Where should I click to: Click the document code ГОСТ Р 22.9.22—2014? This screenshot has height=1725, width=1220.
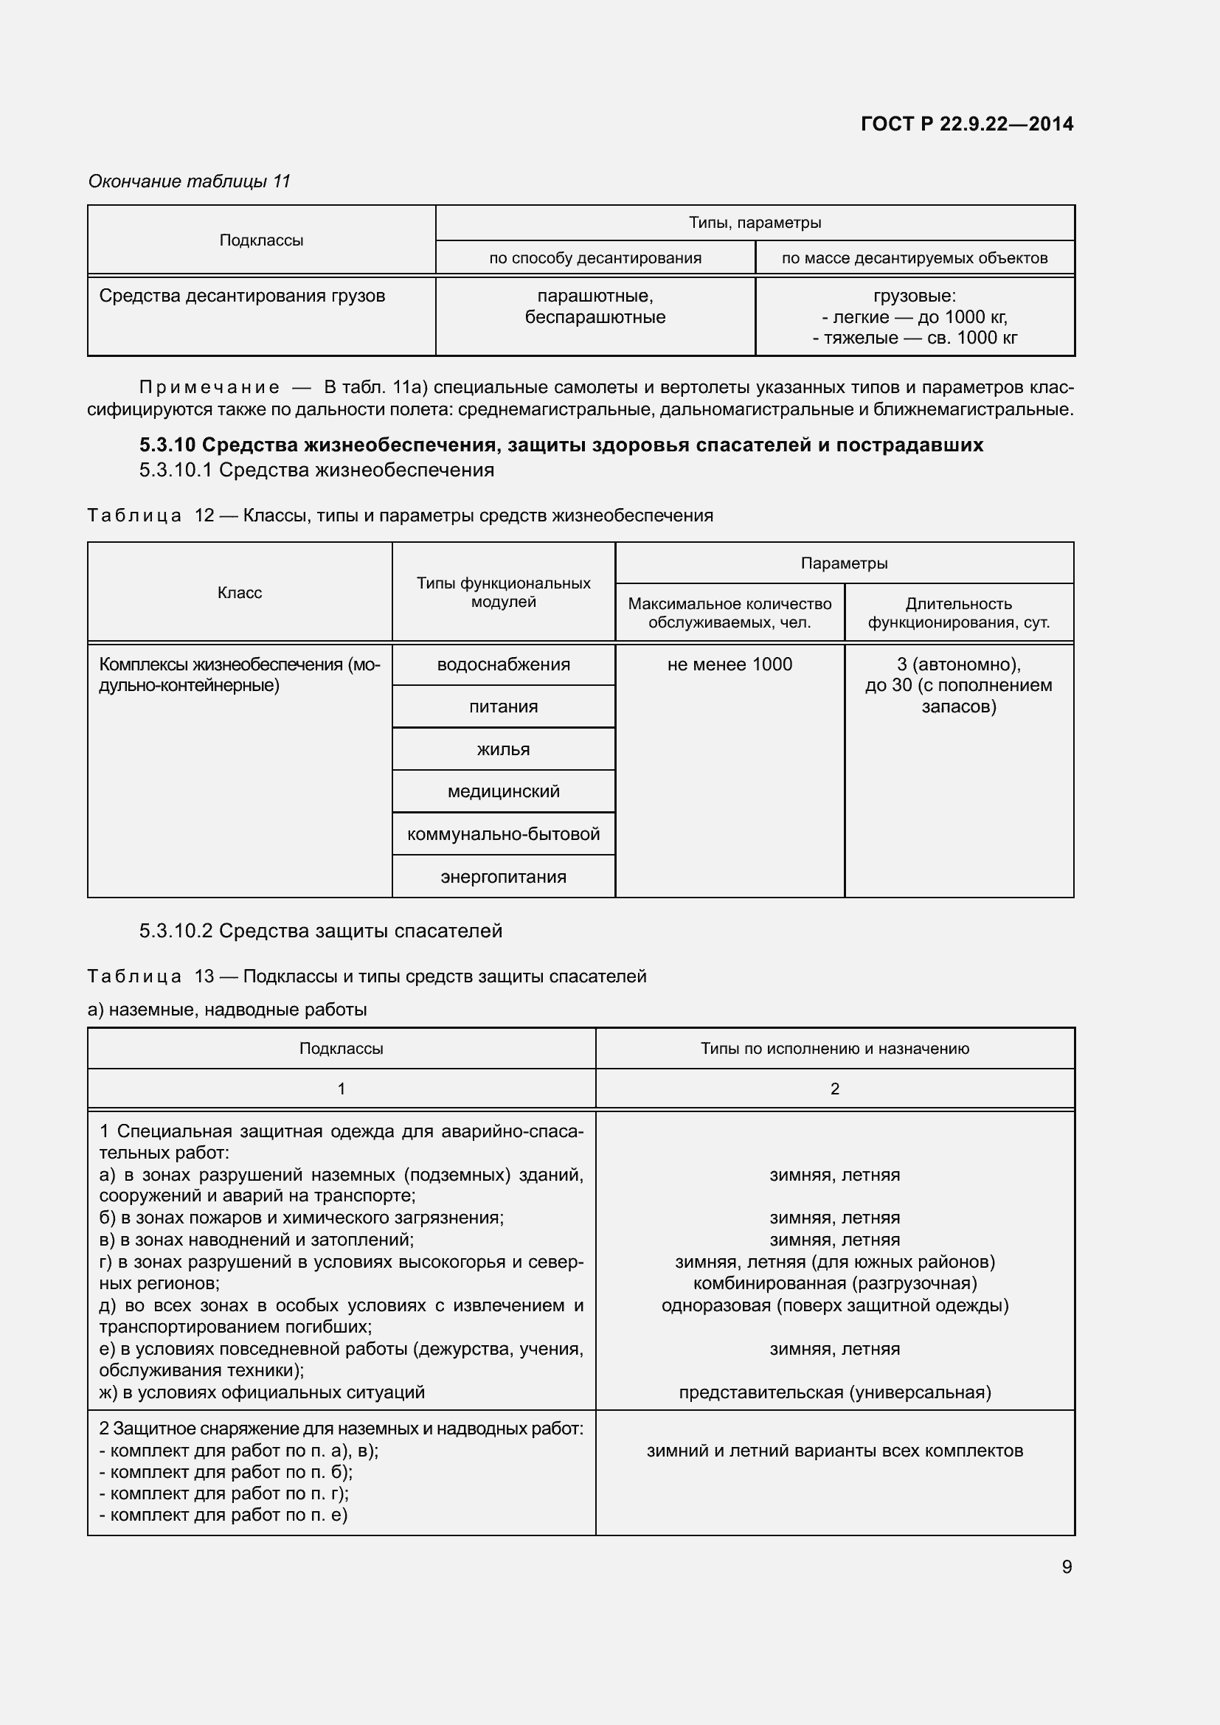coord(967,124)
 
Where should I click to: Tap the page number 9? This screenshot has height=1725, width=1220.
coord(1066,1566)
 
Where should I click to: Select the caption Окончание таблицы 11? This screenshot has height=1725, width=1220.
coord(190,181)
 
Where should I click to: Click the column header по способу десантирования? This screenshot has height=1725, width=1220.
coord(595,258)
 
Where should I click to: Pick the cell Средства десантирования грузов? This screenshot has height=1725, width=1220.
coord(242,296)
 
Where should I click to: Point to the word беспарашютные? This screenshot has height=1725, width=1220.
coord(595,317)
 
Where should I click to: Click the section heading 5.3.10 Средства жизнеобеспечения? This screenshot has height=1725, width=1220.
coord(561,445)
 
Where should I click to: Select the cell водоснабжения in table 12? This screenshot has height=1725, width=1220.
coord(503,664)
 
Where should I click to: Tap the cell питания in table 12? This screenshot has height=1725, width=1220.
coord(503,707)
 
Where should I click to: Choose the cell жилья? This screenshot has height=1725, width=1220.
coord(503,749)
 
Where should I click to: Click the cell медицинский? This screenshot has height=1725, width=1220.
coord(503,791)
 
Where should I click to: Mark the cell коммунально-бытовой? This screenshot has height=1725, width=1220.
coord(503,834)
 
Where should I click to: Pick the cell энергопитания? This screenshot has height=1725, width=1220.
coord(503,877)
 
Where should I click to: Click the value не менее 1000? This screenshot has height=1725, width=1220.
coord(729,664)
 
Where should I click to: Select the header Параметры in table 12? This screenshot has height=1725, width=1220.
coord(844,563)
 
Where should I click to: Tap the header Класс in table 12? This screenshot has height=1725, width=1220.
coord(240,593)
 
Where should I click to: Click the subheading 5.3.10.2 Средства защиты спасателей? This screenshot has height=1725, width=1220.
coord(321,931)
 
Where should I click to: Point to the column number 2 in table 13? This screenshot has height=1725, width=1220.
coord(835,1089)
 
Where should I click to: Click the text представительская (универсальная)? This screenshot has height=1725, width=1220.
coord(835,1392)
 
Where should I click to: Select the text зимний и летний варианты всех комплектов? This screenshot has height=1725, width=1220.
coord(835,1451)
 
